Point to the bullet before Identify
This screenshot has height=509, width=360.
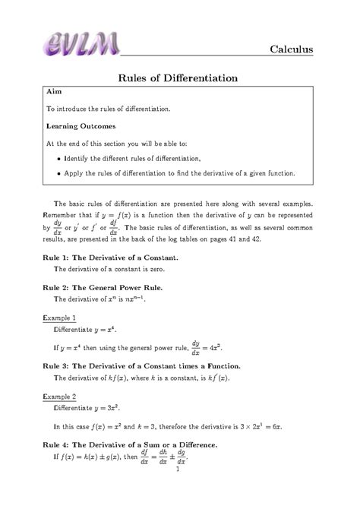(x=60, y=158)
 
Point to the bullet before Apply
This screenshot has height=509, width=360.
(x=60, y=174)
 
